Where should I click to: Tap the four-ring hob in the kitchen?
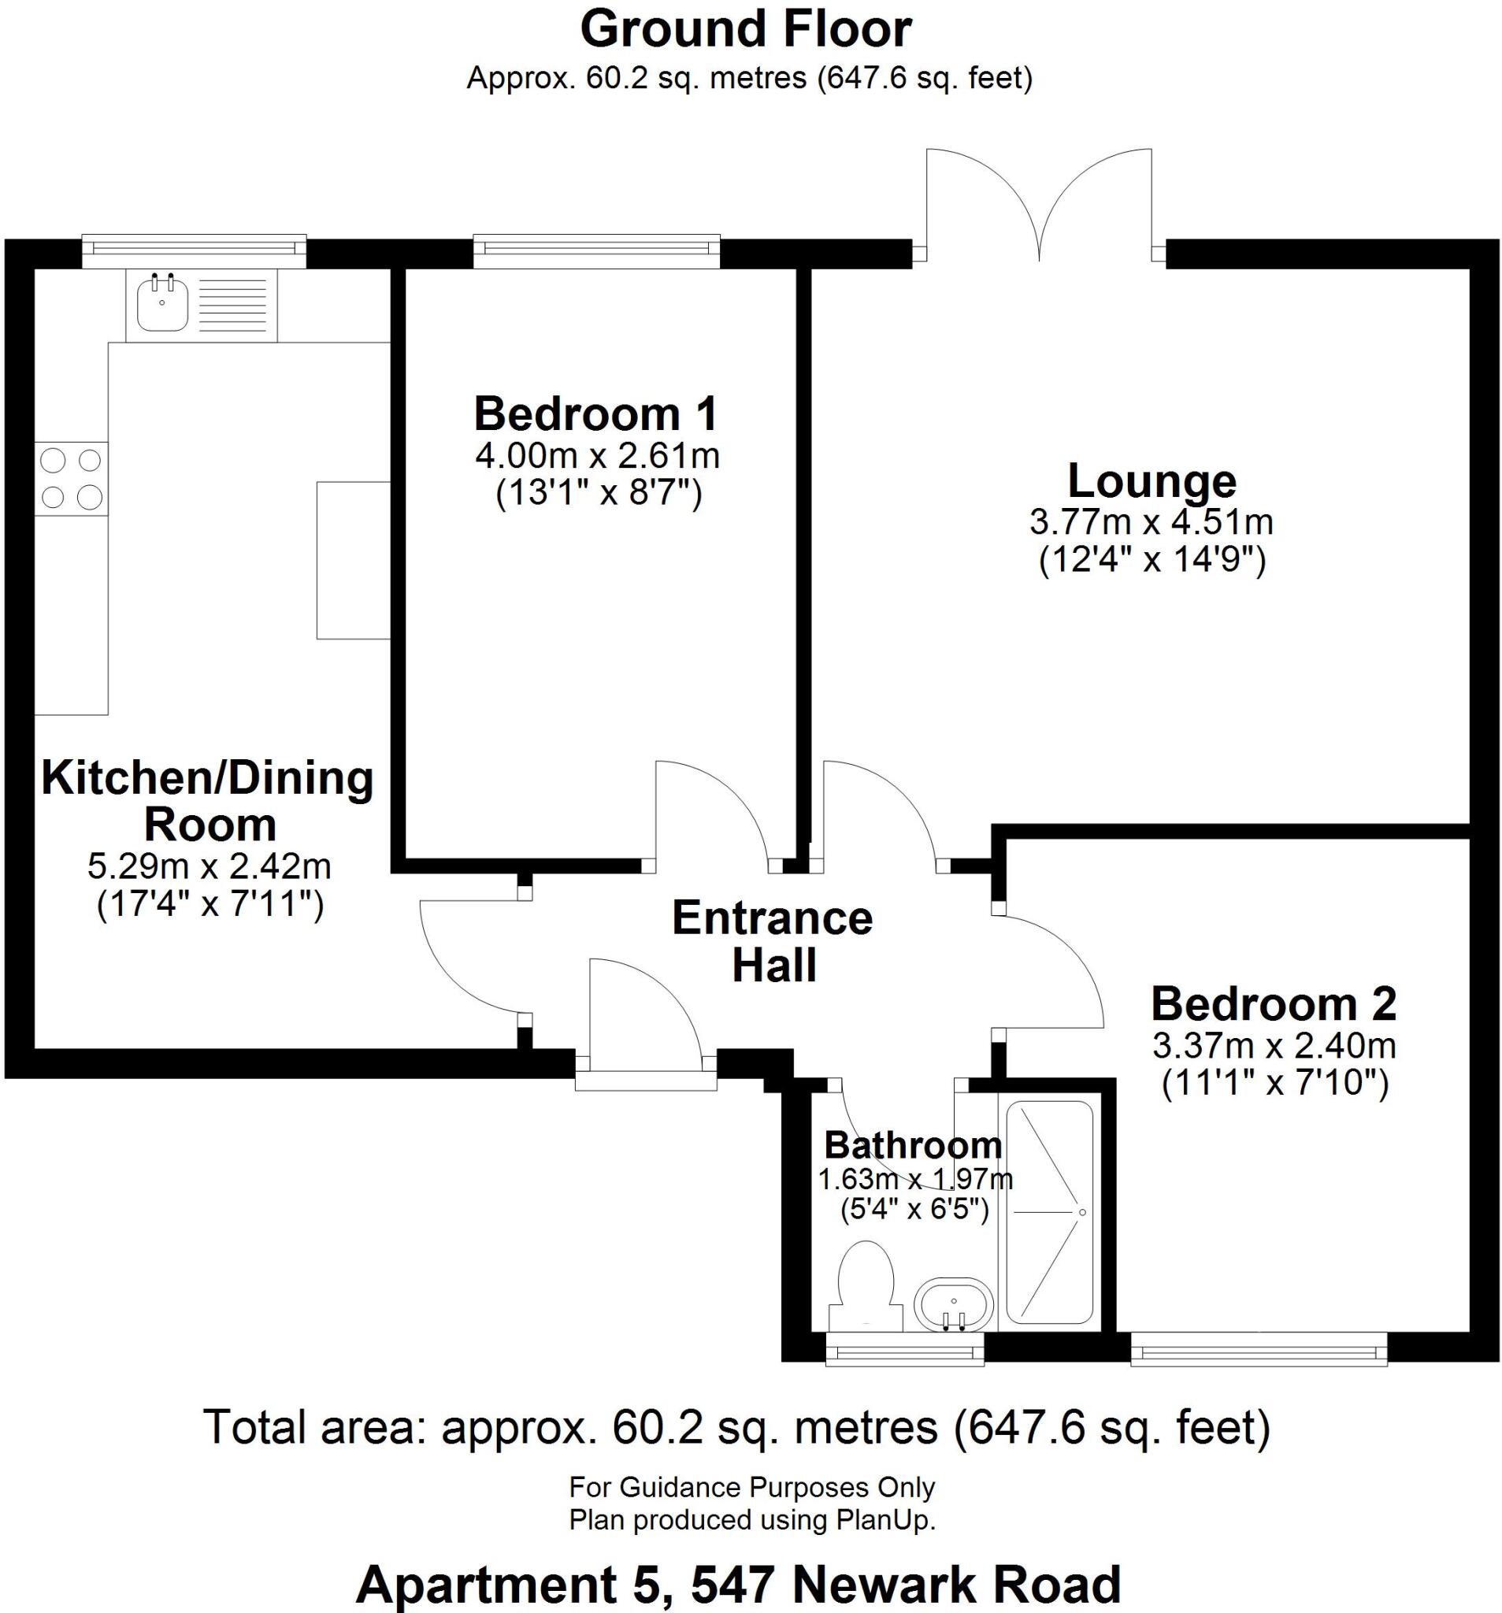(x=71, y=479)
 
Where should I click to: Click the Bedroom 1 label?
(x=595, y=413)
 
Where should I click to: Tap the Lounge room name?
(x=1151, y=481)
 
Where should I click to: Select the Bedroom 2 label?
(x=1273, y=1004)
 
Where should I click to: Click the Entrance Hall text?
(x=773, y=942)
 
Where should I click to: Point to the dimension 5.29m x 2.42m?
(x=210, y=866)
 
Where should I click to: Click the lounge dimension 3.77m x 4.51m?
(x=1151, y=521)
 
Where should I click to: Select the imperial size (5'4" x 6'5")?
(x=914, y=1210)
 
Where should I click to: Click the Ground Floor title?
(x=746, y=31)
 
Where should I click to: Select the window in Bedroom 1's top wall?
(x=595, y=250)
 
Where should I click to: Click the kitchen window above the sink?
(x=195, y=250)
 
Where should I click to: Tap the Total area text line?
(x=736, y=1427)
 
